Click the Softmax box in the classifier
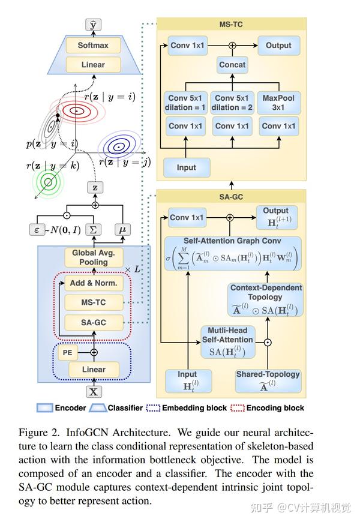tap(93, 45)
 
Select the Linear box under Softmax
tap(93, 65)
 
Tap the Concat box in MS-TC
tap(232, 65)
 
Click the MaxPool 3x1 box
tap(279, 103)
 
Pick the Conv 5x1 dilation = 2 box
tap(232, 103)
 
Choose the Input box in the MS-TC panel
tap(187, 167)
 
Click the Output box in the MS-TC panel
tap(279, 46)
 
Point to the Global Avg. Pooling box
tap(94, 257)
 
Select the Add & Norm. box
tap(94, 283)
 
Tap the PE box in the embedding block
tap(68, 353)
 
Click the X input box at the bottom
tap(94, 392)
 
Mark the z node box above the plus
tap(95, 187)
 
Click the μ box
tap(122, 230)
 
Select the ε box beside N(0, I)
tap(37, 230)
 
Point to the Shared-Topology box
tap(268, 381)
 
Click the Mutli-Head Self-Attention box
tap(228, 342)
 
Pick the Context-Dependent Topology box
tap(266, 299)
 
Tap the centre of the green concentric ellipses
tap(48, 182)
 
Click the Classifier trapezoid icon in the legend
tap(98, 408)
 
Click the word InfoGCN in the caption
tap(88, 433)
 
